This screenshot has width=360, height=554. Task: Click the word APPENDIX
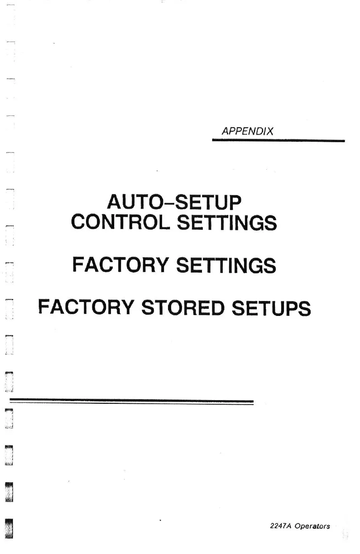point(248,131)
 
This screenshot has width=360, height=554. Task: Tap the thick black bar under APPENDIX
point(278,141)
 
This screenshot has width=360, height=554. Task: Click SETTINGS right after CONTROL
point(226,223)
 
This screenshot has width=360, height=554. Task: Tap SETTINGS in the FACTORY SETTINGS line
point(226,265)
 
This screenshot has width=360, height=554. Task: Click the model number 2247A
point(278,526)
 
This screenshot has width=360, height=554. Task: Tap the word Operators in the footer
point(312,526)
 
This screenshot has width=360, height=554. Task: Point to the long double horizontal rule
point(131,402)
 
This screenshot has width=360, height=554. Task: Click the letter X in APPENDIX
point(270,131)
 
